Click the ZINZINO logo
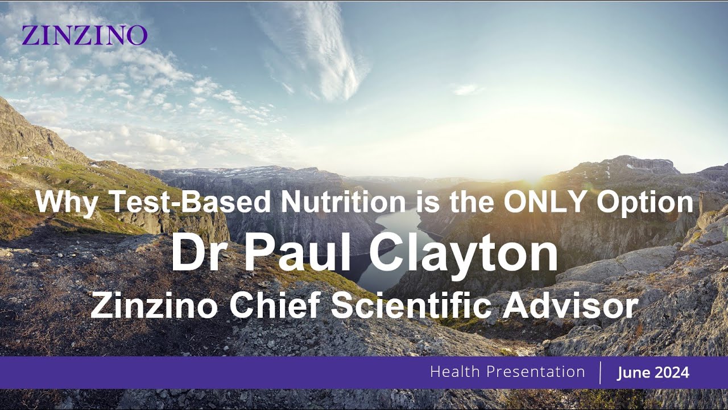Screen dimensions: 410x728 click(x=84, y=35)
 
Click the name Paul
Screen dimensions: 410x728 click(x=297, y=254)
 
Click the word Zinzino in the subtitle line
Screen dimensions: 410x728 click(x=154, y=306)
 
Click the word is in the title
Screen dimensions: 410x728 click(x=424, y=202)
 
